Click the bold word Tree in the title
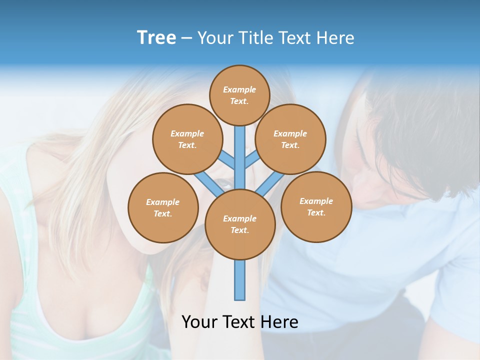[156, 38]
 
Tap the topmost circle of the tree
[239, 95]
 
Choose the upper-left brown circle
[187, 139]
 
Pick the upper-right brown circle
[290, 139]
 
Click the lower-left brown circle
[163, 207]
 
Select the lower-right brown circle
[316, 206]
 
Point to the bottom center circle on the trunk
[240, 224]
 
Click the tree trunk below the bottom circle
[240, 280]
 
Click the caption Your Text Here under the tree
[239, 322]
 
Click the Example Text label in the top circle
[239, 95]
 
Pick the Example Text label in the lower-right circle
[316, 206]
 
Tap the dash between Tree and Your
[186, 38]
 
